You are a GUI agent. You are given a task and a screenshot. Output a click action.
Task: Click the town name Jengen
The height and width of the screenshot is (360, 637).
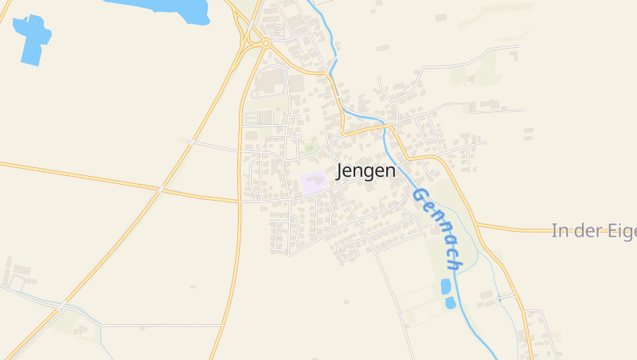point(365,171)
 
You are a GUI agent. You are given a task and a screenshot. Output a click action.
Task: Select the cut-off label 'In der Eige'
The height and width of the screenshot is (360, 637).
point(593,231)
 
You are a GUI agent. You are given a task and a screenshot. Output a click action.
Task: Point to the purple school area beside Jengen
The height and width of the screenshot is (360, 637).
point(313,182)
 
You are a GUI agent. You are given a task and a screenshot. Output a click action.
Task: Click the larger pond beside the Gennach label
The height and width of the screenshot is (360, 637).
point(446,286)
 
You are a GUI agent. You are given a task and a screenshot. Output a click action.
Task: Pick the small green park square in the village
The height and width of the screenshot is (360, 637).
point(311,149)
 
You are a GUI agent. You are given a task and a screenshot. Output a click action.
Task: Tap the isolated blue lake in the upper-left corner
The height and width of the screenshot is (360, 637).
point(32,38)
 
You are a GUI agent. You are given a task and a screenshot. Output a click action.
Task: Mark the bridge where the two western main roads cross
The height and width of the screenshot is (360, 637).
point(162,189)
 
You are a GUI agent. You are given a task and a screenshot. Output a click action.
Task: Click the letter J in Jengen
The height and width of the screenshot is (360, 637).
point(342,171)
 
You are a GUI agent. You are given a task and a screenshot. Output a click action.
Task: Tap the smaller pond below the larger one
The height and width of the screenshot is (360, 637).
point(450,303)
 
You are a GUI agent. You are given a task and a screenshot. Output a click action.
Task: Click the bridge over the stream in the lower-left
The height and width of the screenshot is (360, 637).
point(62,305)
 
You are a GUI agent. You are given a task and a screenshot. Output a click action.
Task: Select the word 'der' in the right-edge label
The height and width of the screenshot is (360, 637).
point(584,231)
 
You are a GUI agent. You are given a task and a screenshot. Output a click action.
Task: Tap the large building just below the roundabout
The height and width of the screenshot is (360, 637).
point(272,79)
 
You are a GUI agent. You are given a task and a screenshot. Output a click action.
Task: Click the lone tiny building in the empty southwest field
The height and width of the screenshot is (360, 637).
point(193,284)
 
